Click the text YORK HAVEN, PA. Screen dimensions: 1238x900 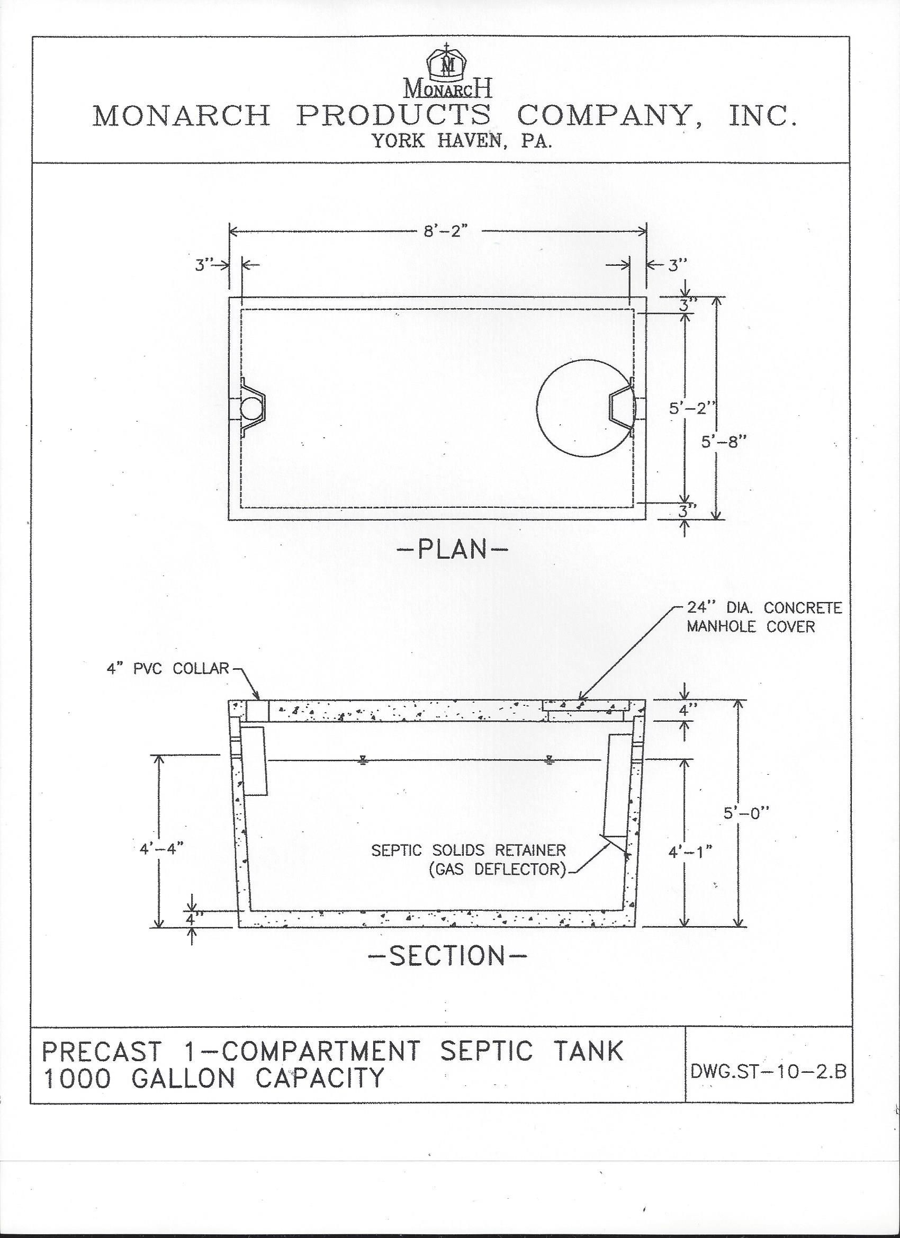point(462,141)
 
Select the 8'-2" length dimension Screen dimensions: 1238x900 point(446,231)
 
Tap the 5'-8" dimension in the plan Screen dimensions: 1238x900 point(724,442)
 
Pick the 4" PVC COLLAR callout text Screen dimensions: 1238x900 point(167,669)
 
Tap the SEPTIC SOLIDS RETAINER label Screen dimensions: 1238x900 point(469,850)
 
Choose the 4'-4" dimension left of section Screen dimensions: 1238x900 point(161,849)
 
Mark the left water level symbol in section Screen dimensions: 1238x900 point(363,761)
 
